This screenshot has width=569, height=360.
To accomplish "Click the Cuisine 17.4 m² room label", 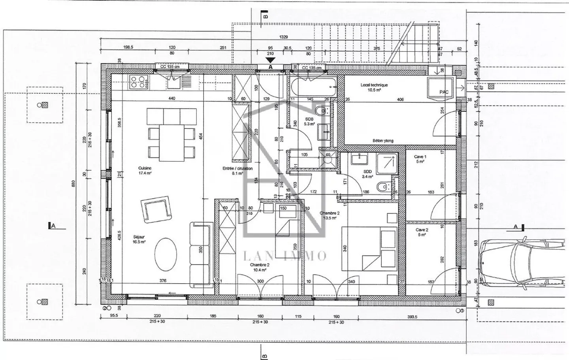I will pos(144,170).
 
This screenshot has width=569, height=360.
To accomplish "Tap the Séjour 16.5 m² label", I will pos(139,239).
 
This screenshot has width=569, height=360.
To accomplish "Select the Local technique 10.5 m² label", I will pos(374,87).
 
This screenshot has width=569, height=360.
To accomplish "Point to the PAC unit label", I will pos(444,92).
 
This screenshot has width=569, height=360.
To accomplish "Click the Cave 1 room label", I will pos(420,159).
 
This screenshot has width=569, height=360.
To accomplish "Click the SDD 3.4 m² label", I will pos(367,174).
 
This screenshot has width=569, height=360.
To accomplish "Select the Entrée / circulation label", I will pos(237,170).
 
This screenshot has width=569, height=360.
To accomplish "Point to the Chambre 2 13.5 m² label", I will pos(330,215).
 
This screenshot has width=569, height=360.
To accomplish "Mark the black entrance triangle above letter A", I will pos(270,60).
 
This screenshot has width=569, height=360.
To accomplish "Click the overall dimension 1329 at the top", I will pos(283,37).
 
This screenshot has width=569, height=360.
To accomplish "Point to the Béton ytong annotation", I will pos(383,141).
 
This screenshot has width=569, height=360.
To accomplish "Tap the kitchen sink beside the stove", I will pos(173,82).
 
